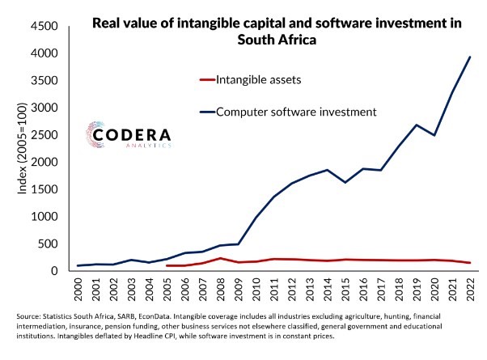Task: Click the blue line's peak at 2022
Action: pos(471,57)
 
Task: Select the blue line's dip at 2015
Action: pos(345,182)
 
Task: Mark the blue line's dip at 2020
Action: pos(435,135)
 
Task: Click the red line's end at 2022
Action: pos(471,263)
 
